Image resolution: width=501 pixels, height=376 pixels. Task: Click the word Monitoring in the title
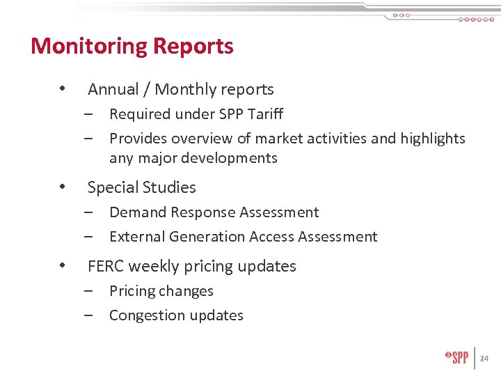pos(89,47)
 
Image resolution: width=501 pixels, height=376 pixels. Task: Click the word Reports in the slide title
pos(193,47)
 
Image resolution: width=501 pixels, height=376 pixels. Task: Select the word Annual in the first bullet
pos(111,89)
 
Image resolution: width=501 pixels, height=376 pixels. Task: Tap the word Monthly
pos(185,90)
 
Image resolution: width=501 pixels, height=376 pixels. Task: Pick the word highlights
pos(433,139)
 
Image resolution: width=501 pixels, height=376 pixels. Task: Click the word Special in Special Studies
pos(112,188)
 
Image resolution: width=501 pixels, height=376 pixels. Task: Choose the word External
pos(135,237)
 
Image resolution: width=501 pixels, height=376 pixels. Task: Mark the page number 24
pos(484,359)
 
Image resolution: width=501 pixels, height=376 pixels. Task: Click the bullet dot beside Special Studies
pos(63,187)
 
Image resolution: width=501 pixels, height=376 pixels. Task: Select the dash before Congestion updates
pos(90,315)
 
